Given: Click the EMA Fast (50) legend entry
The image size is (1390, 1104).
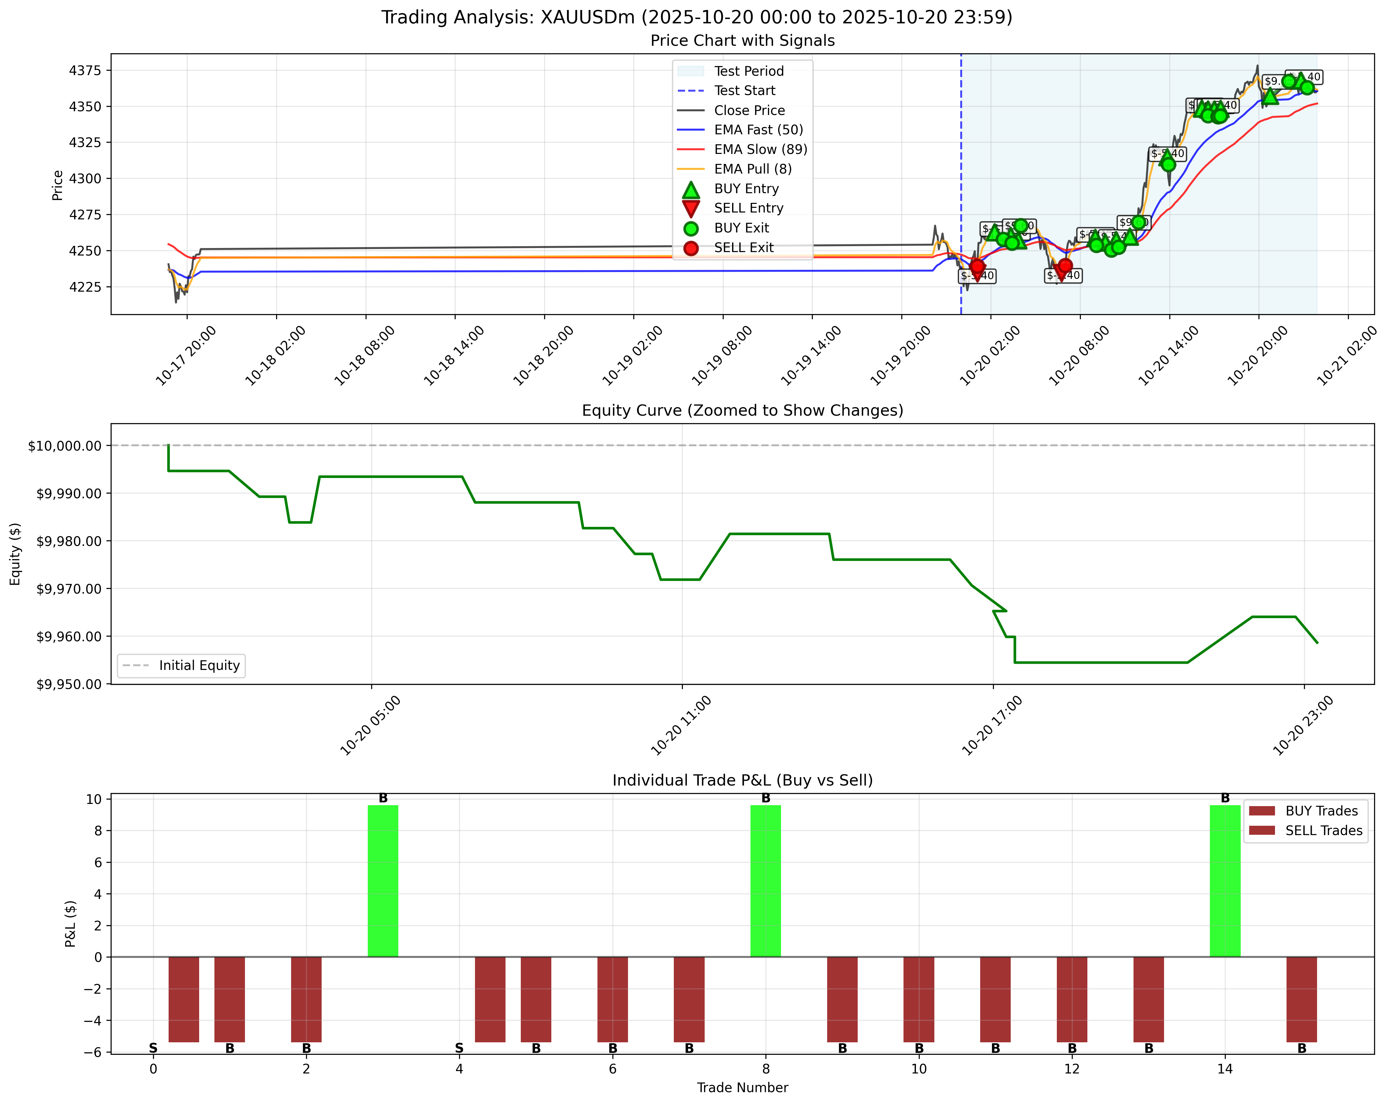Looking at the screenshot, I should [x=758, y=130].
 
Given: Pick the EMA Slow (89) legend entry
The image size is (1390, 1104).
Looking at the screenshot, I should [x=760, y=149].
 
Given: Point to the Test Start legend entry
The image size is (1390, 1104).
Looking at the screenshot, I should [x=744, y=90].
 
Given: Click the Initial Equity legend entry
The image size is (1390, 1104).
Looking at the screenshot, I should [x=199, y=665].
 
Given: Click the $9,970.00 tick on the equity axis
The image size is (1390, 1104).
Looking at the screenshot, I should [x=69, y=588].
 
